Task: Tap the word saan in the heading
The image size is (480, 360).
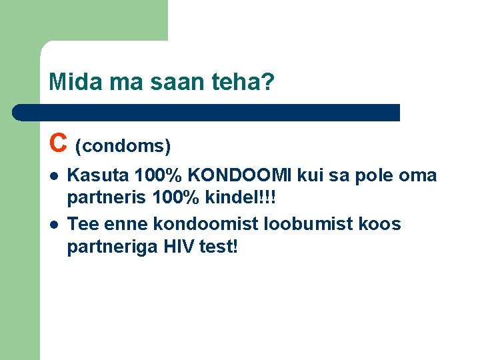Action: pos(171,83)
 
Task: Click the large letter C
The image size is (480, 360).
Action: pos(58,141)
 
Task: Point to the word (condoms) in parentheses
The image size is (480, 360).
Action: pos(123,145)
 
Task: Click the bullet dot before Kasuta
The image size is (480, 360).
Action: pos(53,177)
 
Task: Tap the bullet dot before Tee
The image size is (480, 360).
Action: pos(53,225)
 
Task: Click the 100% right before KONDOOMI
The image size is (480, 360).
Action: pos(159,176)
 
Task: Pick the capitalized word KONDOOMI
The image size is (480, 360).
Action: pos(241,176)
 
